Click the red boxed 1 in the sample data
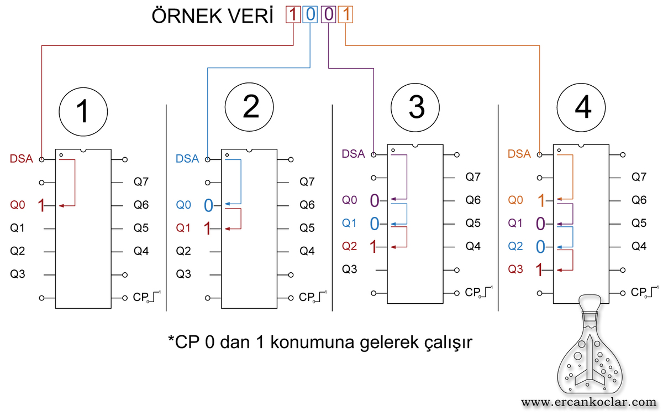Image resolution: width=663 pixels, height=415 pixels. (293, 14)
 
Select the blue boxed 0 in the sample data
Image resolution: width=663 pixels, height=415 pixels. (310, 14)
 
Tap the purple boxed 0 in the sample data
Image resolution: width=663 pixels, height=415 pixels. (329, 14)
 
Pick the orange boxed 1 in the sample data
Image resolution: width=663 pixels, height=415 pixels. (345, 14)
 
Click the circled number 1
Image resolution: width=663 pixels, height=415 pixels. (83, 112)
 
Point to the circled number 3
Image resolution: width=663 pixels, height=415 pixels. (415, 107)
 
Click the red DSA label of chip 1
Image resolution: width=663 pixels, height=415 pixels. (22, 159)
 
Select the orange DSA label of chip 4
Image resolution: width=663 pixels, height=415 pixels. (519, 154)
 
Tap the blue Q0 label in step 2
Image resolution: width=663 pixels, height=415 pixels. (183, 205)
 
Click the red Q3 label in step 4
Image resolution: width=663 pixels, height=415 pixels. (515, 269)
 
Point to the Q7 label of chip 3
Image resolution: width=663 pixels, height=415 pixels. (473, 177)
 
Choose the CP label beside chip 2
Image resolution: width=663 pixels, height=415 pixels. (307, 297)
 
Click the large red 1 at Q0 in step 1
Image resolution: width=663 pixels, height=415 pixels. (41, 205)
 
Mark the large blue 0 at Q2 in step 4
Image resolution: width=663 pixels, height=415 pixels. (540, 247)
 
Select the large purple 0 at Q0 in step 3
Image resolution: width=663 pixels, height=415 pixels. (375, 200)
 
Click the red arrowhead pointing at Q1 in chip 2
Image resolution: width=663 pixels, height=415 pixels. (227, 229)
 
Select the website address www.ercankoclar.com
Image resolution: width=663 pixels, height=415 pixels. (589, 403)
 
